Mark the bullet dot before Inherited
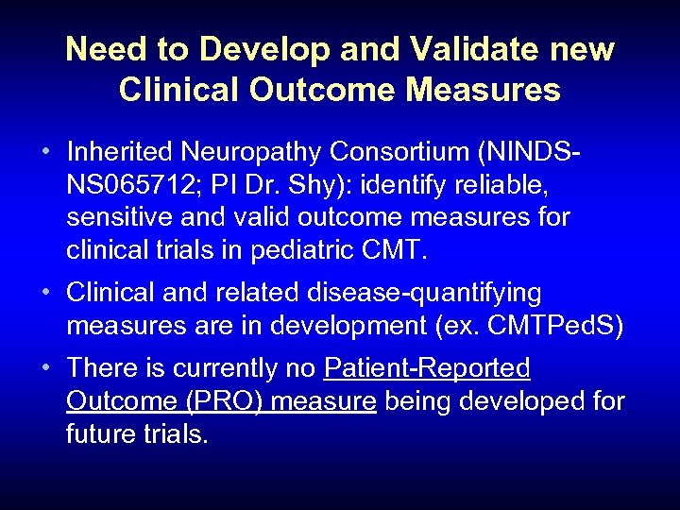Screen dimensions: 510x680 [x=45, y=152]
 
